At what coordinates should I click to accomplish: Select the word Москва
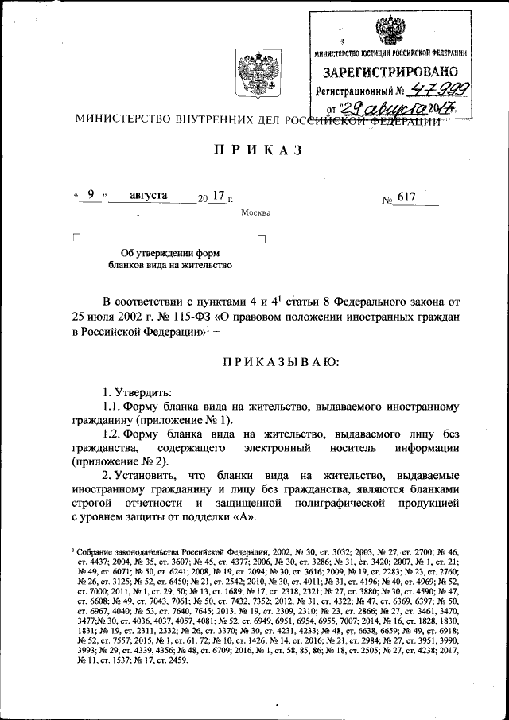click(255, 213)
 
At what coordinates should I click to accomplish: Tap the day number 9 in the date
click(91, 195)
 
